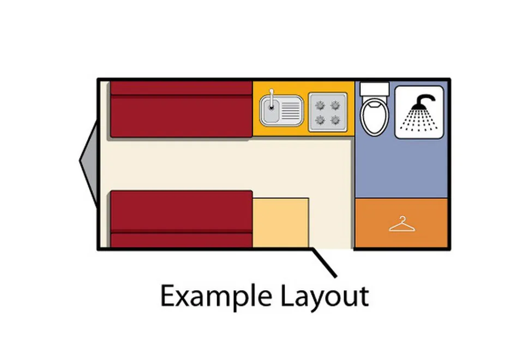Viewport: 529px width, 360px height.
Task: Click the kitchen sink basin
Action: pos(270,110)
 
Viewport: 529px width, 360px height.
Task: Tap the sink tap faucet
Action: pos(271,99)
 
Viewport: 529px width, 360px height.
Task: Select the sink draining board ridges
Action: pos(290,111)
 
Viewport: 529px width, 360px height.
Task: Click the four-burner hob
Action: pos(328,112)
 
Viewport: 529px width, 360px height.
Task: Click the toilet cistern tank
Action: pos(375,89)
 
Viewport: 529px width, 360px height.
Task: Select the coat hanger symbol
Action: pos(402,224)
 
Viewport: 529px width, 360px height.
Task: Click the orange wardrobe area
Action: pos(401,223)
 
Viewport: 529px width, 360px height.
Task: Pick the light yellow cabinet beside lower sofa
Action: pos(281,223)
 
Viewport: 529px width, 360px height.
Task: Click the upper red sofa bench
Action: pos(182,109)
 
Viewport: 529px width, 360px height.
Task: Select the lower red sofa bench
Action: pos(182,219)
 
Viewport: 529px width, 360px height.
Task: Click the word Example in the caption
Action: pos(216,296)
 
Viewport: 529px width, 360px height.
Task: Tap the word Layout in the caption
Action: pos(324,296)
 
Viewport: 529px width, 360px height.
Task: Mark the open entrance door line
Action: pos(324,263)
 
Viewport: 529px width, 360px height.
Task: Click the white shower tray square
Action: pos(419,112)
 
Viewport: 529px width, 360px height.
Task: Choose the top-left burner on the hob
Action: pos(320,106)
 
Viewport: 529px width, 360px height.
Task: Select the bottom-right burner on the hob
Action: pos(335,120)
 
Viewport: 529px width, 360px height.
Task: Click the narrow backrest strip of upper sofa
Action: pos(182,88)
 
